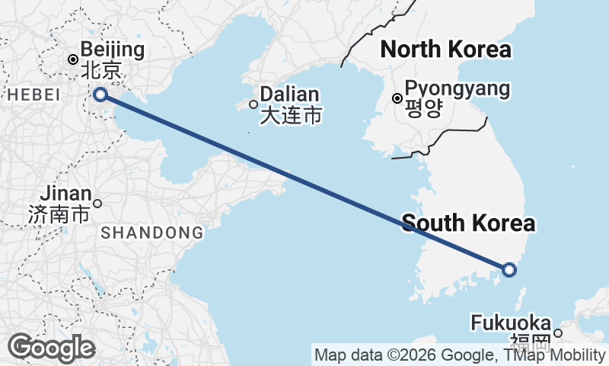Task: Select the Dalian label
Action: [x=289, y=95]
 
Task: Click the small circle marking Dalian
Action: [x=254, y=104]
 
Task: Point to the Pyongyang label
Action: [x=457, y=88]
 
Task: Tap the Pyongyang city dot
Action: [x=397, y=98]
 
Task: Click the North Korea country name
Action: [x=445, y=50]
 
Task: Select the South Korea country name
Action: [x=468, y=223]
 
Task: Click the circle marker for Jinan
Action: [x=97, y=204]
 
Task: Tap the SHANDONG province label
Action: [x=152, y=233]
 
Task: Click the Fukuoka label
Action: [x=511, y=323]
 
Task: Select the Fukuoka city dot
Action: [x=558, y=332]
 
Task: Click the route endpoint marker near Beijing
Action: [x=100, y=95]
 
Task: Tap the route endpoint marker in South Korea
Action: [x=509, y=269]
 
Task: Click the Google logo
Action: [x=51, y=348]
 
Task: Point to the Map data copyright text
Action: [x=459, y=355]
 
